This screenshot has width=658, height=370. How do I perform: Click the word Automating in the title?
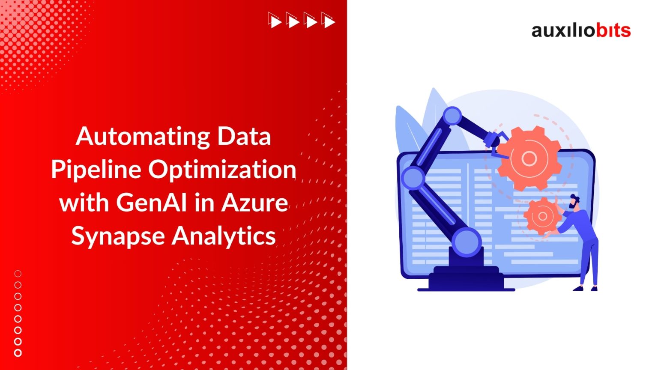point(144,137)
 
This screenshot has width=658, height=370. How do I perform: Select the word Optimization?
point(222,170)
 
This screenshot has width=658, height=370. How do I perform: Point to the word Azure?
point(254,202)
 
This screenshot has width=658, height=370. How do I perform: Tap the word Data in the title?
point(244,137)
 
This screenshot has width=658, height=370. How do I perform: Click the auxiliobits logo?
point(581,30)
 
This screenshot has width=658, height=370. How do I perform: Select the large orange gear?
point(529,159)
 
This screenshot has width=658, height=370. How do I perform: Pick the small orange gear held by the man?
point(542,216)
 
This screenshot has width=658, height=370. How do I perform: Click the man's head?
point(574,201)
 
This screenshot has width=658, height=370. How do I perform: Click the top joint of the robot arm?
point(452,116)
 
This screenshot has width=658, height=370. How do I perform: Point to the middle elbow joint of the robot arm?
point(413,177)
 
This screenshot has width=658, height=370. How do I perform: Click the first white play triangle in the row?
point(275,21)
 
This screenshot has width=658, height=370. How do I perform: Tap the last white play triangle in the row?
point(329,21)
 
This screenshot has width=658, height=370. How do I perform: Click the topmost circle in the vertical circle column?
point(18,274)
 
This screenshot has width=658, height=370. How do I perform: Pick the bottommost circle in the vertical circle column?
point(18,353)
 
